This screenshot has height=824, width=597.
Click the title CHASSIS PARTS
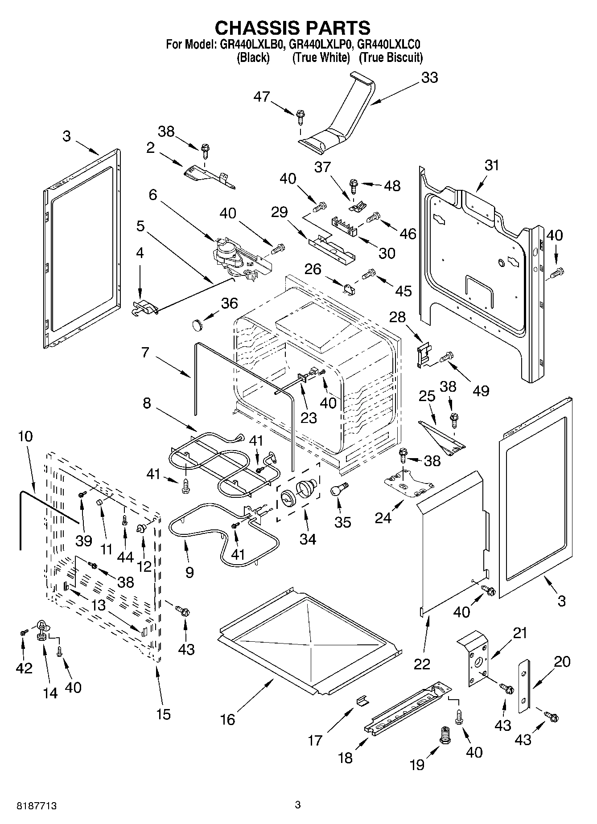pyautogui.click(x=292, y=28)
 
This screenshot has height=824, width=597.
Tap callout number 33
pyautogui.click(x=429, y=78)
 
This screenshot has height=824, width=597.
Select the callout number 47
pyautogui.click(x=262, y=96)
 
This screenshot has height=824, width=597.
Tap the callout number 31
pyautogui.click(x=492, y=165)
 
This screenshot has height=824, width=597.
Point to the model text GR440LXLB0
pyautogui.click(x=251, y=45)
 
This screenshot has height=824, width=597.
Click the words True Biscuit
pyautogui.click(x=391, y=57)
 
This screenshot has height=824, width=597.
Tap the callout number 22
pyautogui.click(x=422, y=664)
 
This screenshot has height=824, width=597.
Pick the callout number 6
pyautogui.click(x=153, y=195)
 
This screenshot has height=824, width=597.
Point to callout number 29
pyautogui.click(x=279, y=212)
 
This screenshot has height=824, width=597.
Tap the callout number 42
pyautogui.click(x=25, y=668)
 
